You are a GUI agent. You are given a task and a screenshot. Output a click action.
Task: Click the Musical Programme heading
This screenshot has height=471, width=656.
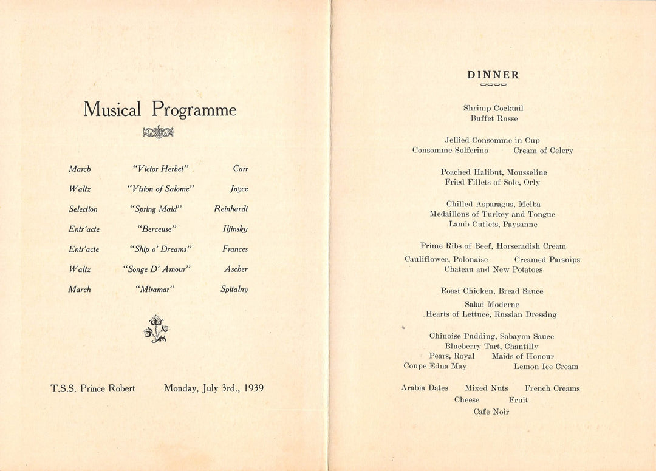(x=160, y=109)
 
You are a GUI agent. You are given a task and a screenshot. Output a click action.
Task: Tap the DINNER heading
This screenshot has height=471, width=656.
(x=493, y=75)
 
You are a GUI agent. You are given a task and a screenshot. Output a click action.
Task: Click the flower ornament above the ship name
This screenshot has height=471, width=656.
(x=156, y=329)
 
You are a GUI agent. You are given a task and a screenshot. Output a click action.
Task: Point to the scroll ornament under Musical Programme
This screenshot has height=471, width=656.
(x=158, y=132)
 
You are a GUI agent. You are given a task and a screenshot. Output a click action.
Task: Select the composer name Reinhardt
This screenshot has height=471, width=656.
(x=231, y=209)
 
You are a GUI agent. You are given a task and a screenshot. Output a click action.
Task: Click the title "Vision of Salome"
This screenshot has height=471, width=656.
(x=161, y=189)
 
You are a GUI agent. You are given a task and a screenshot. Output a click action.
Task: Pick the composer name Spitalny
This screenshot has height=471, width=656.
(x=234, y=290)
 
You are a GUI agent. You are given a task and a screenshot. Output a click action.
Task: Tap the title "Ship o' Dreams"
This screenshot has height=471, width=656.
(x=161, y=249)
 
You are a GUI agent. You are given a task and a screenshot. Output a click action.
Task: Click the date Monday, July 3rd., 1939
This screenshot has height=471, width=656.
(x=213, y=388)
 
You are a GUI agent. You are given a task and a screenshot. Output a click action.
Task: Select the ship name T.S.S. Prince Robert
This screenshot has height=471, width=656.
(x=93, y=388)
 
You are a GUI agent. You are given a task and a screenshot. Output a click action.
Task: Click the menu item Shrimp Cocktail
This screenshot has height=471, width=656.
(x=493, y=108)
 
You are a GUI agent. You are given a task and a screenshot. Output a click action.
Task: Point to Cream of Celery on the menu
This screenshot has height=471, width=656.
(x=543, y=151)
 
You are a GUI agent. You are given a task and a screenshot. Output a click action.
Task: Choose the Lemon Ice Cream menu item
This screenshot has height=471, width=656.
(x=546, y=367)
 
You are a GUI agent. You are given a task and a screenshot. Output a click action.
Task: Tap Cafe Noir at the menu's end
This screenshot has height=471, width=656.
(x=491, y=412)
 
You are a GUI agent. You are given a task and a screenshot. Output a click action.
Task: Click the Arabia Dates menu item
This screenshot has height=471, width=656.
(x=425, y=388)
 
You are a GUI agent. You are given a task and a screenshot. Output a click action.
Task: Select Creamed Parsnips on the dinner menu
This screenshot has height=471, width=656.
(x=547, y=259)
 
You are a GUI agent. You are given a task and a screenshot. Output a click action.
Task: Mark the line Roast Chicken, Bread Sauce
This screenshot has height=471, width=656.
(x=492, y=291)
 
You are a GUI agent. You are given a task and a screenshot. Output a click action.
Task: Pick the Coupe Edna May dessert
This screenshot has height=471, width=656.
(x=435, y=367)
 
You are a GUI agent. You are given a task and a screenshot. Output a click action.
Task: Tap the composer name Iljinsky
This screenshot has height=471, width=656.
(x=235, y=229)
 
